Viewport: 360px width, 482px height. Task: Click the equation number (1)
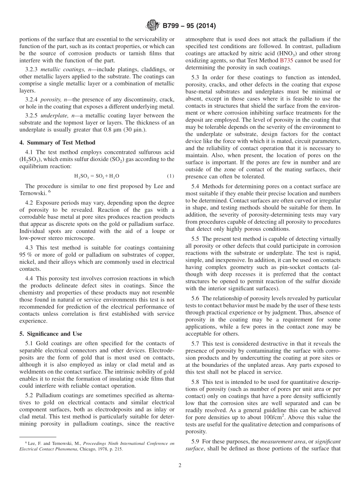171,176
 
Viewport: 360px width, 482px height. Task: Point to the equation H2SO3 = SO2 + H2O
97,176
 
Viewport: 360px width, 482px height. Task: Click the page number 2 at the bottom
180,466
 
